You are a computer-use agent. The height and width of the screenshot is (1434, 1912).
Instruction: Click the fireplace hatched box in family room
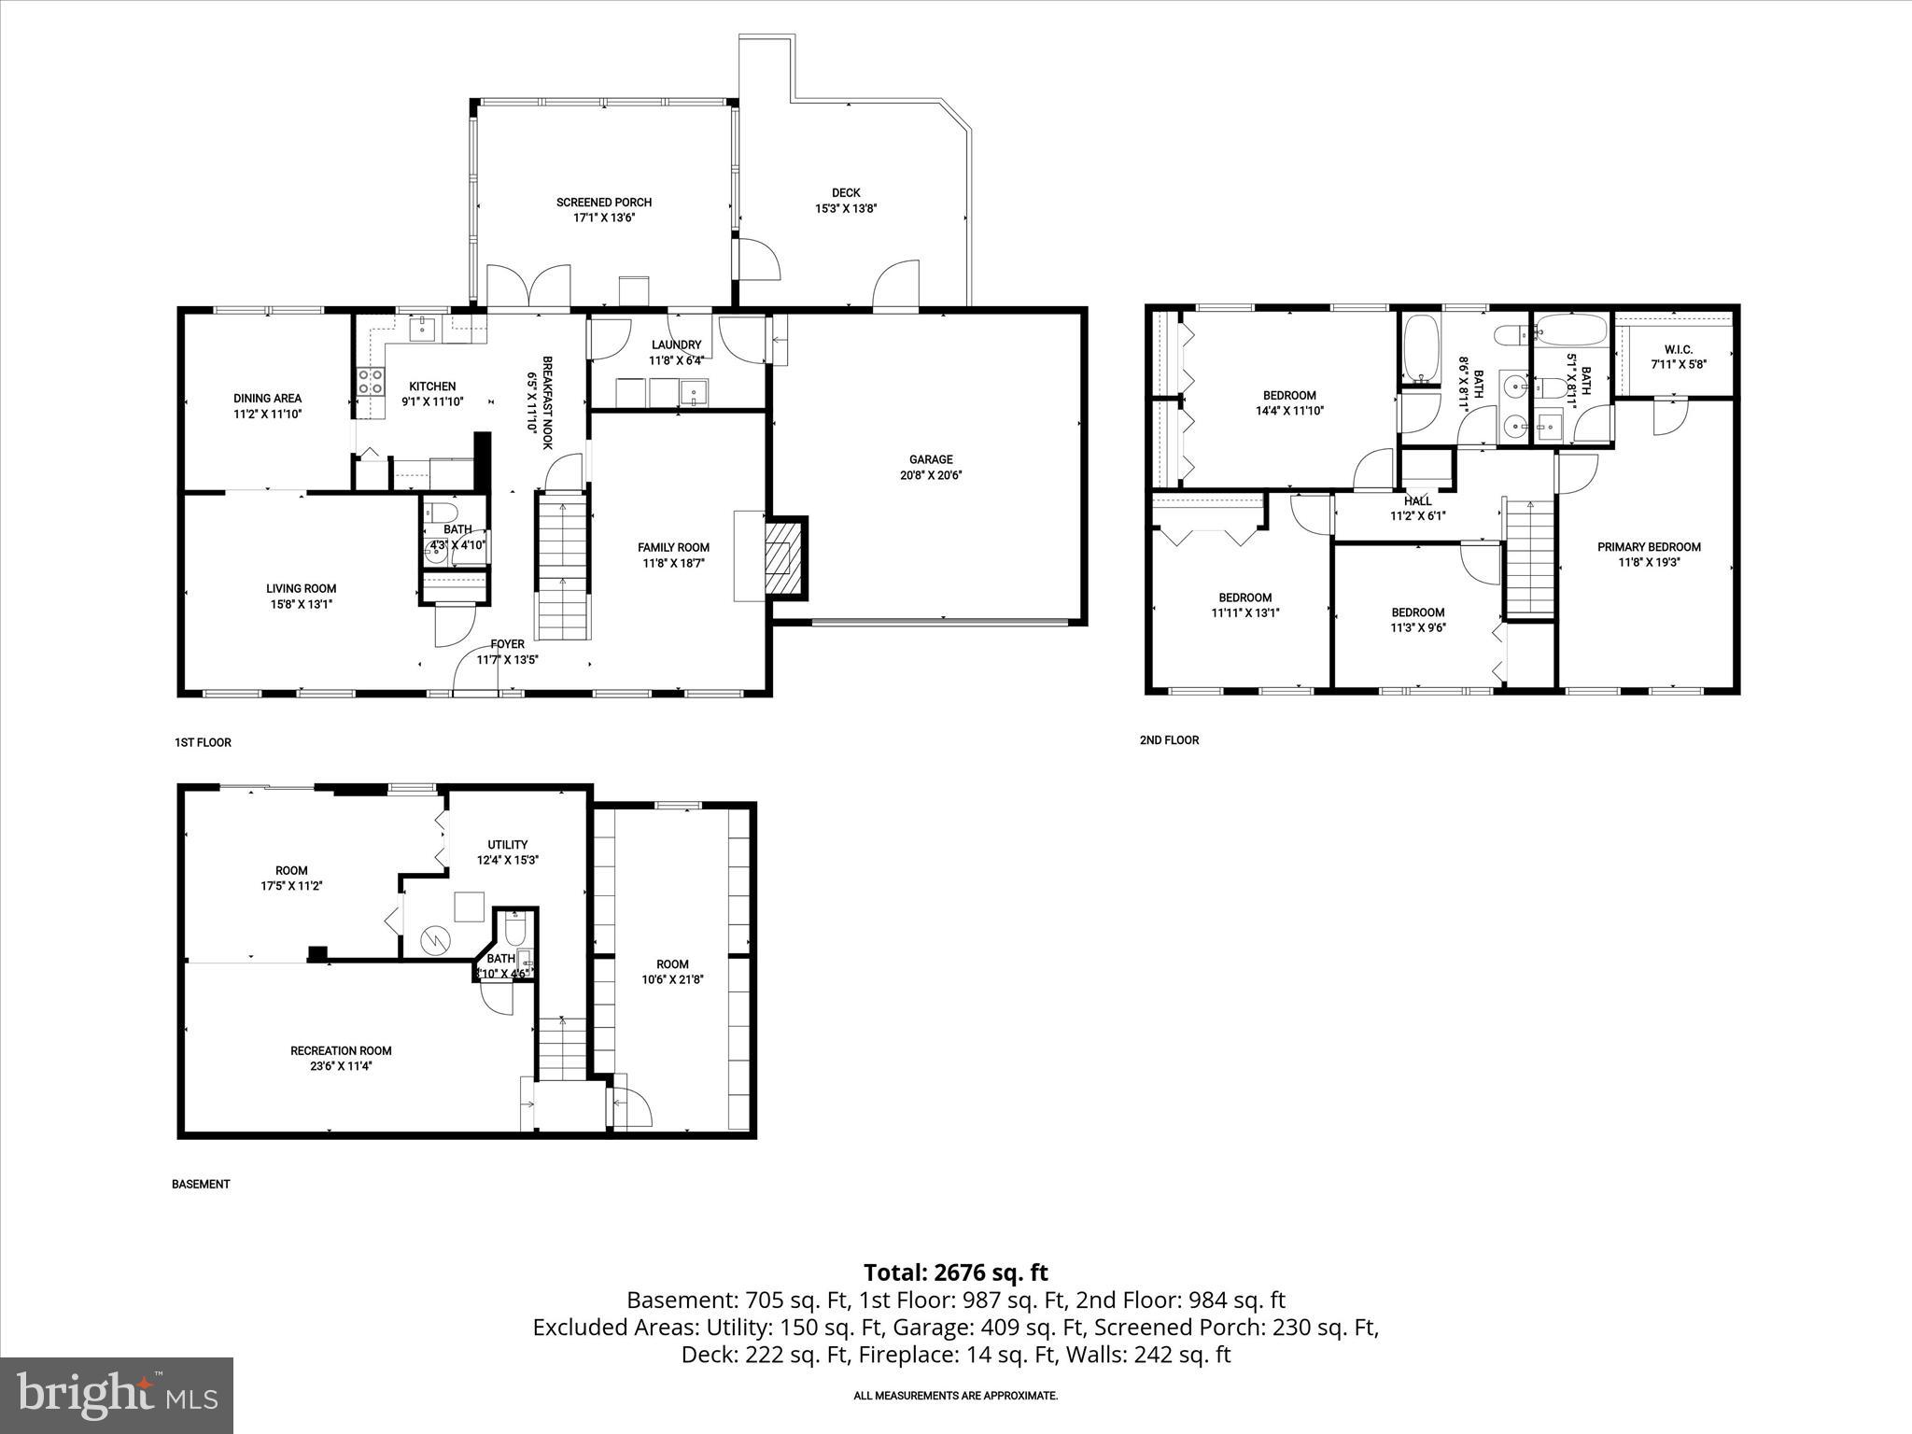pos(783,557)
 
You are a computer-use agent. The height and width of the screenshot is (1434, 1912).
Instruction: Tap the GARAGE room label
pos(931,459)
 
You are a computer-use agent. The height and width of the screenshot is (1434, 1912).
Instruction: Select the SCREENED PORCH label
pos(603,202)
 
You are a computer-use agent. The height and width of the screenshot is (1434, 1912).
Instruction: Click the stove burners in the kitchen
pos(371,382)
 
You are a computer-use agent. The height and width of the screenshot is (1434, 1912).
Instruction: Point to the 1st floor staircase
pos(563,568)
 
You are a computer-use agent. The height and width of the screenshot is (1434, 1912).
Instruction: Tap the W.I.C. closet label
pos(1678,349)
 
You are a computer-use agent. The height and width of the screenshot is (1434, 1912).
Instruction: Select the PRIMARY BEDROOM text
pos(1649,547)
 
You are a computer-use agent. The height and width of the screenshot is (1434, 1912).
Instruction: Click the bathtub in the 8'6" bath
pos(1423,349)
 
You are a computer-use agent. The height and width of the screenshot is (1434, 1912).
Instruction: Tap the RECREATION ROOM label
pos(341,1050)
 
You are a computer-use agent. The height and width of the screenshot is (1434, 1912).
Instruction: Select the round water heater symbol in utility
pos(434,939)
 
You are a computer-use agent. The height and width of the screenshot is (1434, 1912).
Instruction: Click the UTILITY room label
pos(508,845)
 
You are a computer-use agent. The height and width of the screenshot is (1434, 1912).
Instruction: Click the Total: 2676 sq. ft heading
pos(955,1272)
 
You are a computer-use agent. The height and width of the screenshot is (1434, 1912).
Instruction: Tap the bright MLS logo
pos(117,1395)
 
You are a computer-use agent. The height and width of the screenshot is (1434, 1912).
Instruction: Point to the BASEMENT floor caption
pos(201,1184)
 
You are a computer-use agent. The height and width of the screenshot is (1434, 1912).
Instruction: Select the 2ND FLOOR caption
pos(1169,740)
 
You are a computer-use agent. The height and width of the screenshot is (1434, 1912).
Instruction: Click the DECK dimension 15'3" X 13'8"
pos(846,209)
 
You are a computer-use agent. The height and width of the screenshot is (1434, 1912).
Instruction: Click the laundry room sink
pos(694,392)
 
